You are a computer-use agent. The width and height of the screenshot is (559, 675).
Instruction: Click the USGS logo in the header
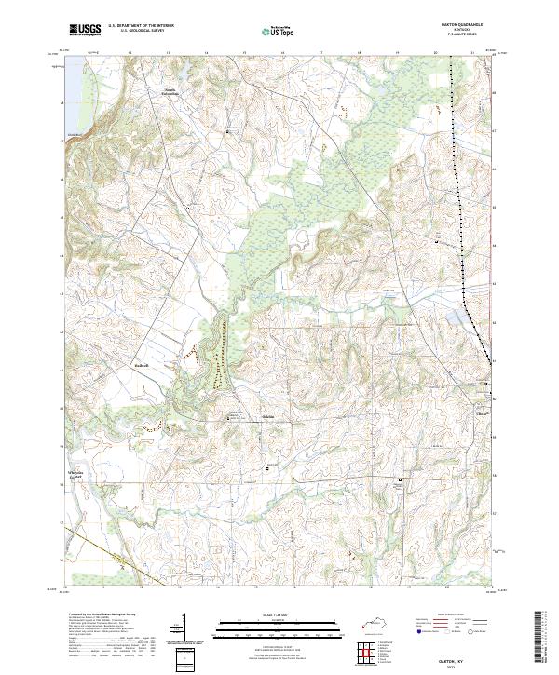[86, 30]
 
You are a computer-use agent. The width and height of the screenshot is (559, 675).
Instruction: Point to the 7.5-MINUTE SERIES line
[460, 36]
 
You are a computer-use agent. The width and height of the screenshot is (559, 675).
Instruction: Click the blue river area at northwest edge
[66, 102]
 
